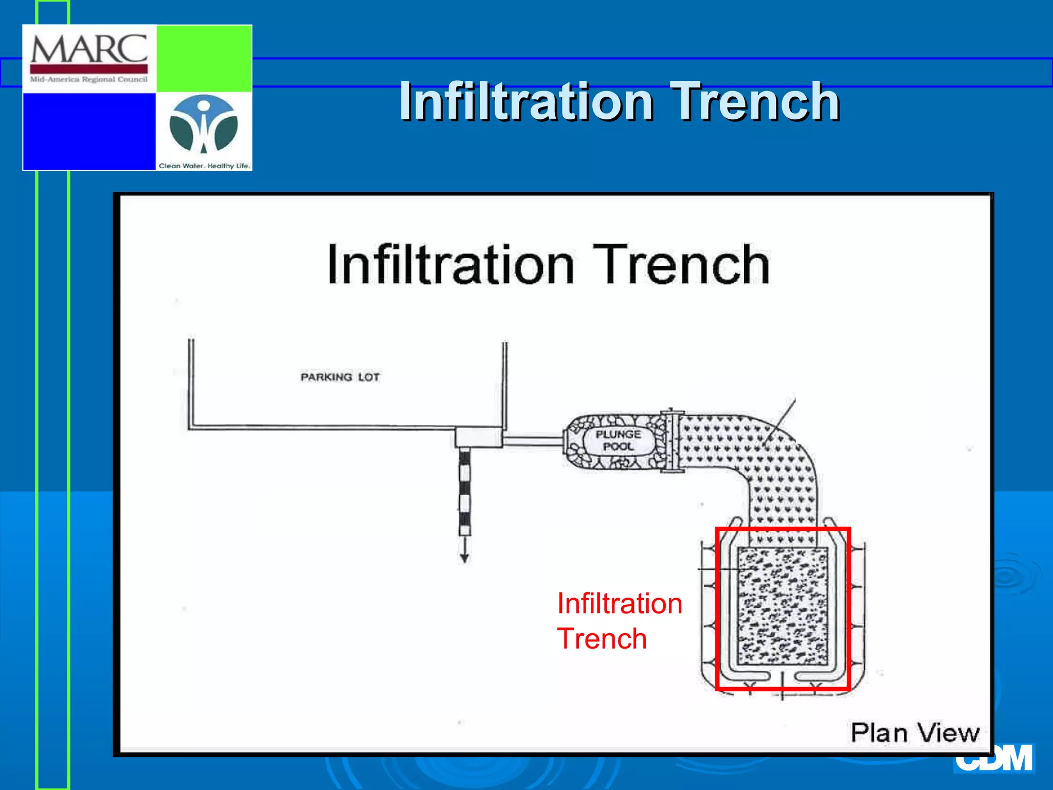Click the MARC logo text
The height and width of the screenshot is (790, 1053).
89,49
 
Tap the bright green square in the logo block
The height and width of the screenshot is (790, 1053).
204,58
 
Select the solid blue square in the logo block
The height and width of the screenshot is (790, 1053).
89,131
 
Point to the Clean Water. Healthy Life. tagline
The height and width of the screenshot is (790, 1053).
204,166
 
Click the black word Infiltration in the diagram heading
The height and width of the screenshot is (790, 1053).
451,265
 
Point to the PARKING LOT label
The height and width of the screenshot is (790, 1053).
340,377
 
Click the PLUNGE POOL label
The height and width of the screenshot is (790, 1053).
619,441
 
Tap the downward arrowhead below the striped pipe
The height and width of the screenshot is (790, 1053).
464,558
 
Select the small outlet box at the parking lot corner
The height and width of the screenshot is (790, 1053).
478,437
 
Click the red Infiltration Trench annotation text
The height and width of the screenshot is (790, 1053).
620,621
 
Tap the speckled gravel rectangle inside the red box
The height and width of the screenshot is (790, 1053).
783,607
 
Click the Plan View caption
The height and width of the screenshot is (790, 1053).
915,732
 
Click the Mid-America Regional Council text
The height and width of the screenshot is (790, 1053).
89,80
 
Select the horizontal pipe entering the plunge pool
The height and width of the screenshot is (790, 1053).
533,440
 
